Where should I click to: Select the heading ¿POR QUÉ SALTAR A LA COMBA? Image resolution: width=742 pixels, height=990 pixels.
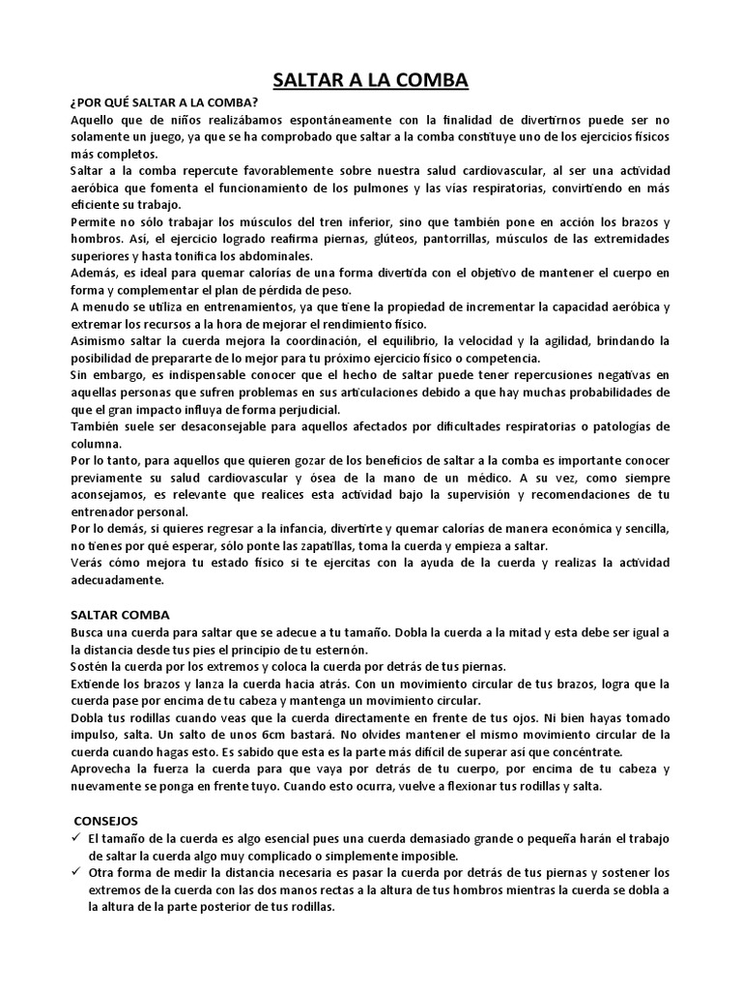(x=164, y=102)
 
